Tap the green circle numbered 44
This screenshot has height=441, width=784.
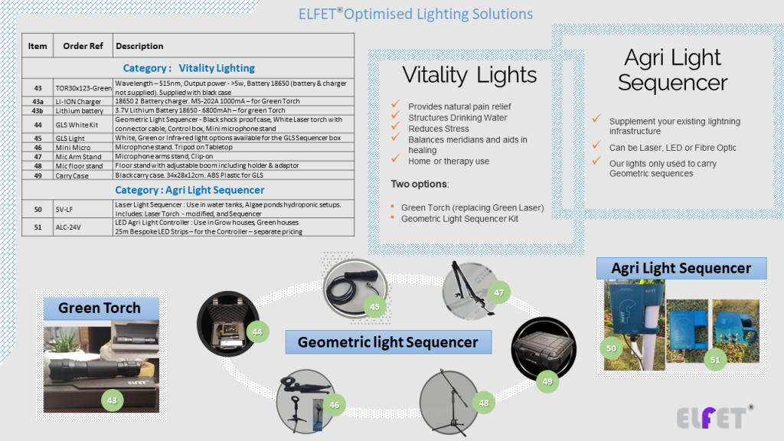coord(258,332)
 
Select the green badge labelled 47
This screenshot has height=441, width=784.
coord(498,292)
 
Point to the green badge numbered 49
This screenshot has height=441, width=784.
coord(546,381)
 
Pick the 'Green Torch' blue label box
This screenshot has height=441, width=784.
coord(100,308)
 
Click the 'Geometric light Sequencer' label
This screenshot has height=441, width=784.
coord(387,342)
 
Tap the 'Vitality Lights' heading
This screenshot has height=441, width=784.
coord(469,75)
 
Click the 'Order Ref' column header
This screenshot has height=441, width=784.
coord(83,46)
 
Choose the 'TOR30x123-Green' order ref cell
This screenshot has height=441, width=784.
coord(83,88)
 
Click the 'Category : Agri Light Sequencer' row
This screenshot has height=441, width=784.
coord(189,190)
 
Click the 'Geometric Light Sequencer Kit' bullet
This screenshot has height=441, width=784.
coord(459,218)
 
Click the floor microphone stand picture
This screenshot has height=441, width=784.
coord(452,402)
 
